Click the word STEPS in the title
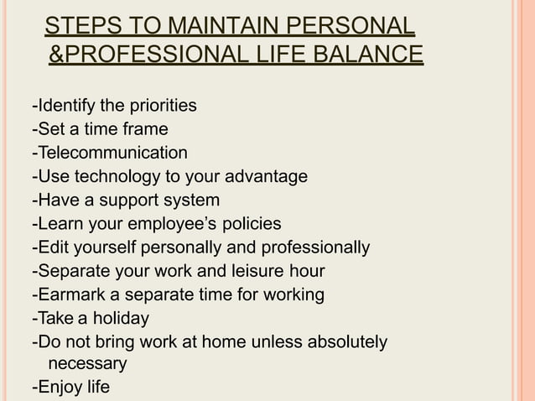click(78, 26)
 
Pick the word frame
click(145, 129)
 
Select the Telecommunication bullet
click(109, 153)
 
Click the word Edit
click(52, 248)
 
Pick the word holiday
click(122, 319)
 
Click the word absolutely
click(343, 342)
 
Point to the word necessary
click(87, 364)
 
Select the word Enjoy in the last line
click(58, 388)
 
